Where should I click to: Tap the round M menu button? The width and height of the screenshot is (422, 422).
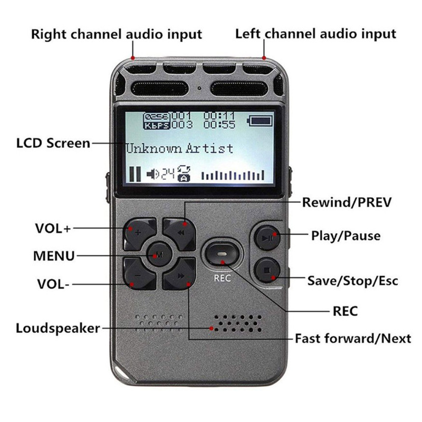click(x=159, y=254)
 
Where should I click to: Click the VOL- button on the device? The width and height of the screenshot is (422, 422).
click(x=139, y=274)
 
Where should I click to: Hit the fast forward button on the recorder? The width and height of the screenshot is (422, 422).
click(x=180, y=274)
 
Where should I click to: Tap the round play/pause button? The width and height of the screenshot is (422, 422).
click(x=267, y=237)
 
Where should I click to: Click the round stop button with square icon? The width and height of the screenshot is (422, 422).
click(x=267, y=270)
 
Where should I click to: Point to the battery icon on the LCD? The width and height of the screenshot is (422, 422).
click(x=260, y=121)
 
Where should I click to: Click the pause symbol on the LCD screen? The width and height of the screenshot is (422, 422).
click(x=135, y=174)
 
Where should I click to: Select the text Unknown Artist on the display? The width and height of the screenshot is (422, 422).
click(x=179, y=148)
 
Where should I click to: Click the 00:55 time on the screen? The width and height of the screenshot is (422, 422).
click(x=219, y=124)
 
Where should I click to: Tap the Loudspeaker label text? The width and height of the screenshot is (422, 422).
click(x=58, y=328)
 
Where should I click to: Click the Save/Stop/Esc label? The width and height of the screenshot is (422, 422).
click(x=352, y=281)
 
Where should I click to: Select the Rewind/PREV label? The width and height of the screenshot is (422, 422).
click(x=347, y=202)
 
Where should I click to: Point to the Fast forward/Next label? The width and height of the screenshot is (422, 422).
click(x=353, y=338)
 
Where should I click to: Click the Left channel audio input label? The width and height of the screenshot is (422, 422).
click(x=315, y=34)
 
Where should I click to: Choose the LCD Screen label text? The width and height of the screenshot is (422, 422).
click(x=53, y=143)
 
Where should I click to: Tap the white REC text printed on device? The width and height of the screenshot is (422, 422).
click(x=222, y=278)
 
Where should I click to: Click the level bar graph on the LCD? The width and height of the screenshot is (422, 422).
click(x=233, y=175)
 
